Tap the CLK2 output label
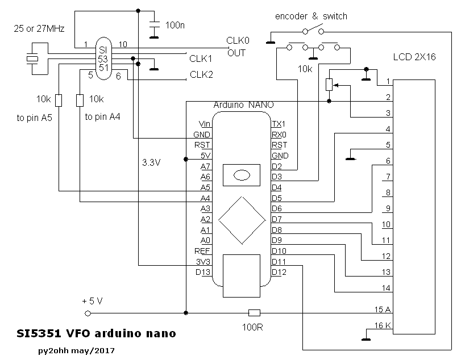pos(201,74)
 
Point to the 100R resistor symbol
pos(255,312)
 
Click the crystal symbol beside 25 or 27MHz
pos(32,58)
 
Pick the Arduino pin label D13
pos(203,273)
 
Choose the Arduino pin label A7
pos(205,166)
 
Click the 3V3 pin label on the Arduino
pos(203,262)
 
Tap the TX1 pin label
pos(279,124)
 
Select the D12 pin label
pos(279,273)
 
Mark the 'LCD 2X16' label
pos(414,57)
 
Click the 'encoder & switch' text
pos(311,16)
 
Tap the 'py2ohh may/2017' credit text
pos(74,350)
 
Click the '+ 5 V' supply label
pos(93,300)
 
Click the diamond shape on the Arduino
pos(241,220)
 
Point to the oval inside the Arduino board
pos(242,174)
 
